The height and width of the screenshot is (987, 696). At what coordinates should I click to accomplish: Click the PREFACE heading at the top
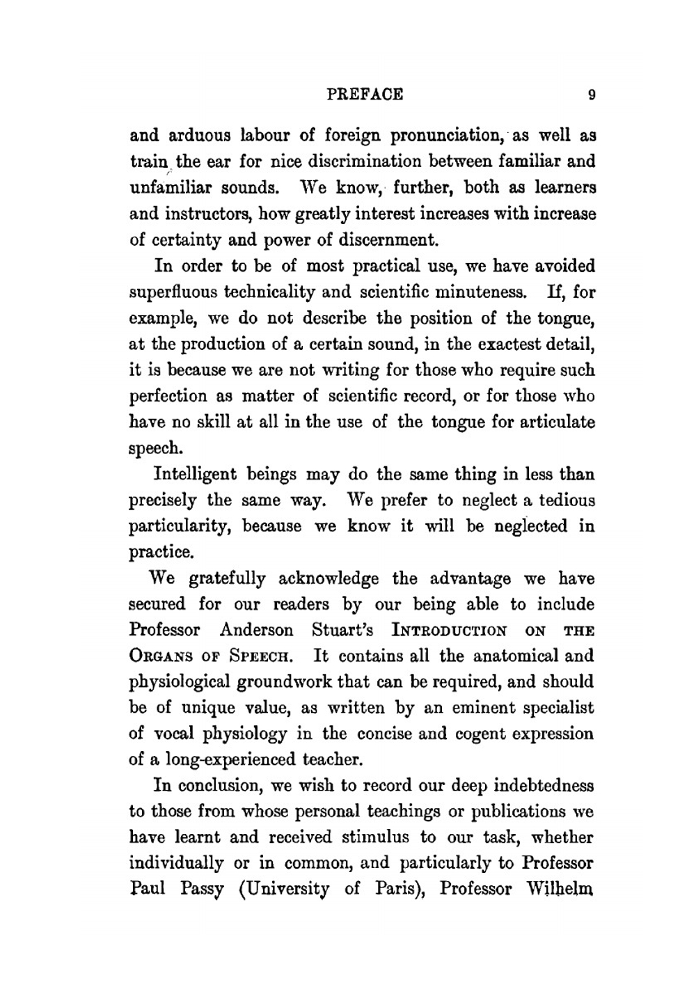point(365,94)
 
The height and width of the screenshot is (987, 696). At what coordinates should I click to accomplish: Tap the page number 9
point(591,95)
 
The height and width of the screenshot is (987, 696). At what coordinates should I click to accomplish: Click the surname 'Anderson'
point(257,631)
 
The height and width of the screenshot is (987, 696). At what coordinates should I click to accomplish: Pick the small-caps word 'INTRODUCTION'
point(450,631)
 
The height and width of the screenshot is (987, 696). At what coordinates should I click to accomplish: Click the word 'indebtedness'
point(544,786)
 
